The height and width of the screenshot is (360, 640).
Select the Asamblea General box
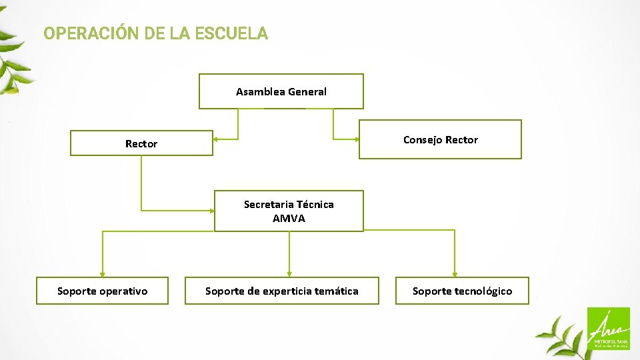click(x=281, y=91)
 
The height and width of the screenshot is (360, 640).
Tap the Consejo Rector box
click(x=440, y=139)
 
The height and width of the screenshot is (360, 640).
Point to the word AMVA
click(x=289, y=219)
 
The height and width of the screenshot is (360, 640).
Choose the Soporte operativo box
click(x=102, y=291)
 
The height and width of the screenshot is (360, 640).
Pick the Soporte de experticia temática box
click(x=281, y=291)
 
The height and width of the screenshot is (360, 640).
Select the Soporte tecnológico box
click(x=462, y=291)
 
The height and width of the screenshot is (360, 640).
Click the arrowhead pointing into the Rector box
click(x=217, y=139)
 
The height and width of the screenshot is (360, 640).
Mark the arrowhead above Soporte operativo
click(x=102, y=273)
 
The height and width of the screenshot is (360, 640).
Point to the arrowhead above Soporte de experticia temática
click(x=289, y=273)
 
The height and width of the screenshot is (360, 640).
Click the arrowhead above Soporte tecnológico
click(x=455, y=273)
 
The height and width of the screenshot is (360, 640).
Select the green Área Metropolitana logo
click(x=607, y=329)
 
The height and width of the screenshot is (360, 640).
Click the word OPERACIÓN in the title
click(x=91, y=33)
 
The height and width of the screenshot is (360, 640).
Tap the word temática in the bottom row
click(x=336, y=291)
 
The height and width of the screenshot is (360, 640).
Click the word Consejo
click(x=423, y=139)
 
